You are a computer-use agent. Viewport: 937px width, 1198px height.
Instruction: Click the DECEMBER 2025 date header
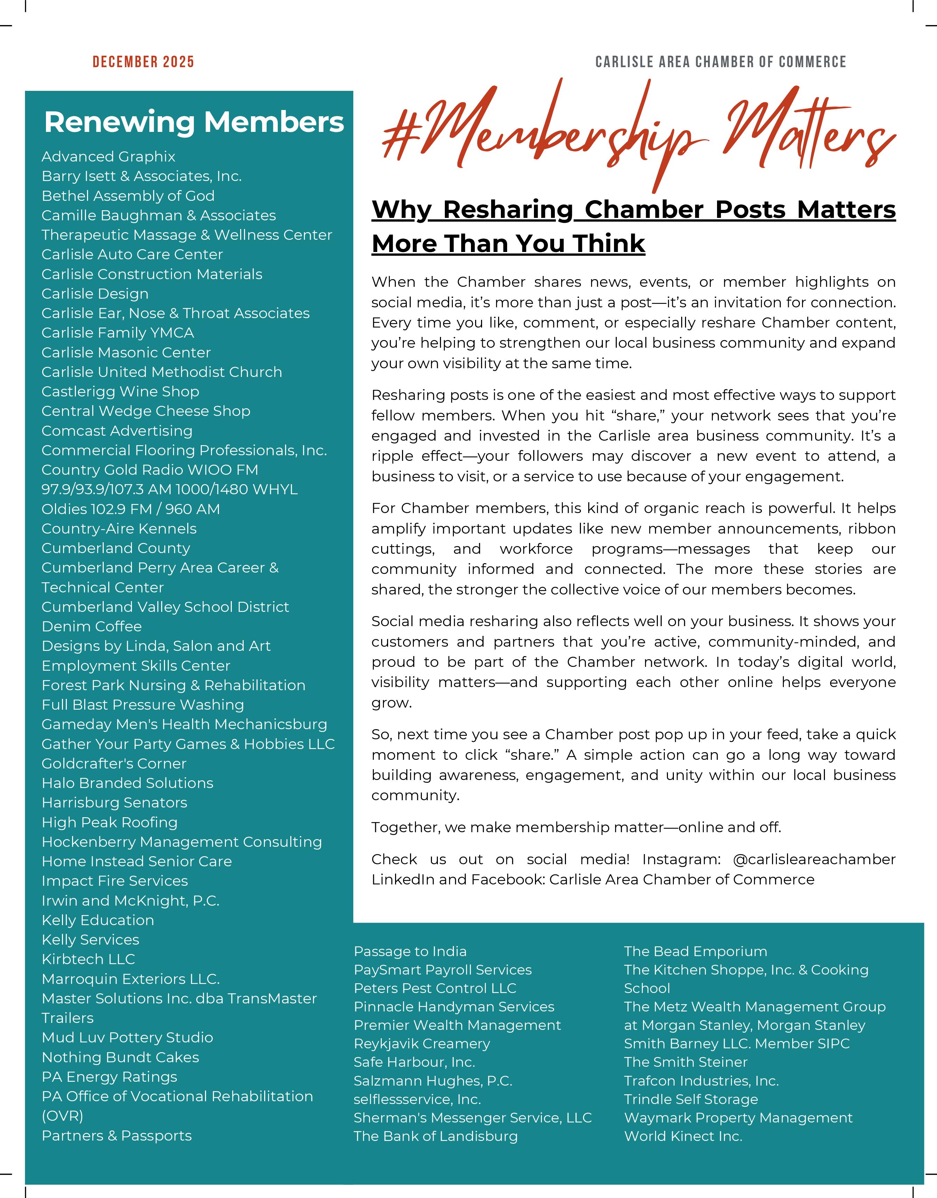[143, 62]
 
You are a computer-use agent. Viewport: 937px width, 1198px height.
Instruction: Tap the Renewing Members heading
[194, 122]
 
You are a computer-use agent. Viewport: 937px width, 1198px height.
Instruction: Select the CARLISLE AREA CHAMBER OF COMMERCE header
[720, 62]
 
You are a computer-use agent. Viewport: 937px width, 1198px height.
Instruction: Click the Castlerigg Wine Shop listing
[120, 392]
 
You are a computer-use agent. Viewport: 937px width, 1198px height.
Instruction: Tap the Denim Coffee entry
[92, 626]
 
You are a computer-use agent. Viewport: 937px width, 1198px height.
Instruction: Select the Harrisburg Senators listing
[115, 803]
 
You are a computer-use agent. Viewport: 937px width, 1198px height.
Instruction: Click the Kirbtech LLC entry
[88, 959]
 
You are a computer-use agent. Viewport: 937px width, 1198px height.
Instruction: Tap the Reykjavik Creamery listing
[422, 1044]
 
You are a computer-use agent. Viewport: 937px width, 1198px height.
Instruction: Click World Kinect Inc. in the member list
[683, 1136]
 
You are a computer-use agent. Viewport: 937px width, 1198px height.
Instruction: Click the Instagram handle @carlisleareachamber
[814, 860]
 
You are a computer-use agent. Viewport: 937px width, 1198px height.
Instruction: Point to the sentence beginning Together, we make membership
[576, 827]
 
